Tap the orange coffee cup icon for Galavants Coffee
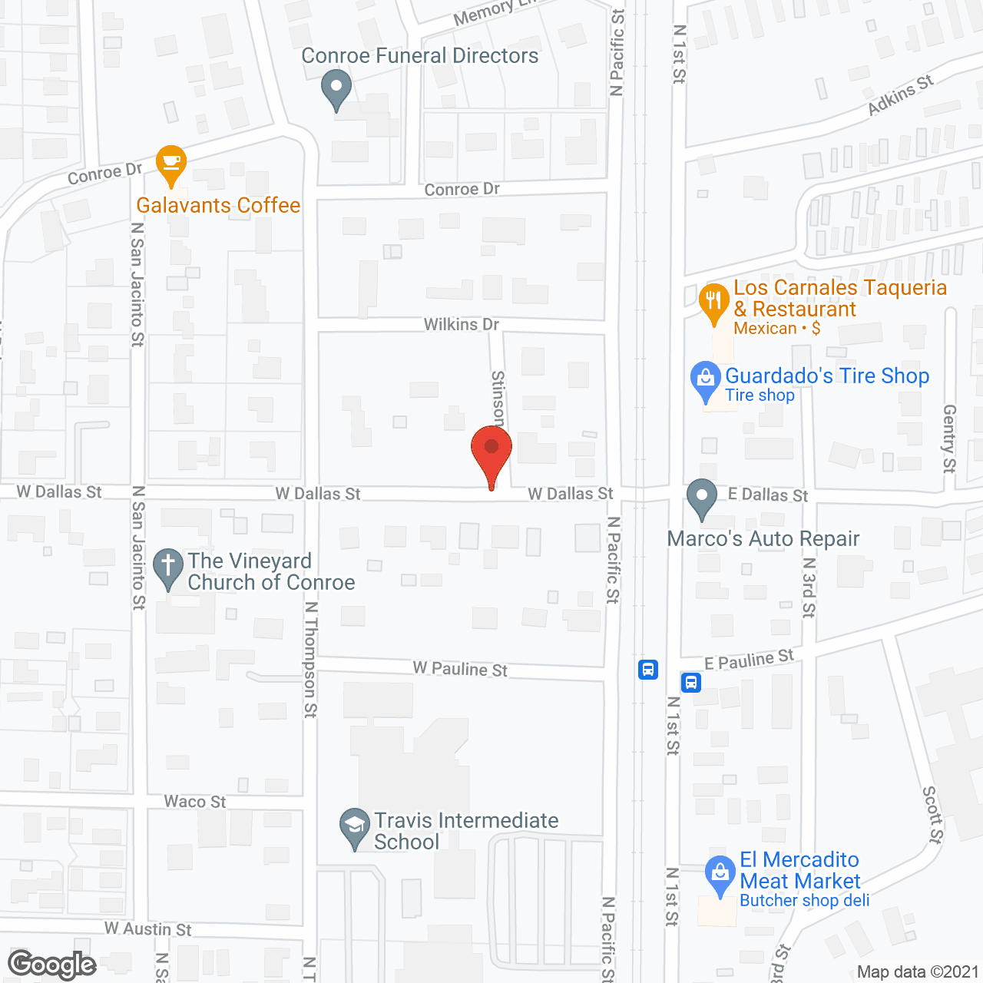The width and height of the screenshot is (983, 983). click(x=170, y=164)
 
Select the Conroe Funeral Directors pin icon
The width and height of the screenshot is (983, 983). click(x=336, y=88)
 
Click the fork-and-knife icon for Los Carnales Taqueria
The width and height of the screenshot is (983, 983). click(x=714, y=302)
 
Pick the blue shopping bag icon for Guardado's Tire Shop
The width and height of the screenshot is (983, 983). click(x=705, y=380)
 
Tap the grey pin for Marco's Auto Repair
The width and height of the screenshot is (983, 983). click(x=701, y=498)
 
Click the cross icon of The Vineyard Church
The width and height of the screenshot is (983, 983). click(x=168, y=568)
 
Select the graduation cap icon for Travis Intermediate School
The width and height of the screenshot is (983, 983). click(x=355, y=827)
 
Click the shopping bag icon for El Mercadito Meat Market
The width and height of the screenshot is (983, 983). click(x=720, y=874)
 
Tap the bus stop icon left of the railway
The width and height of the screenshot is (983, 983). click(x=648, y=669)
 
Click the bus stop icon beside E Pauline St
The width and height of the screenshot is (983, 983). click(x=691, y=681)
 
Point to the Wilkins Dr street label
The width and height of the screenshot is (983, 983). click(x=462, y=325)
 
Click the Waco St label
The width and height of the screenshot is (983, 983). click(x=195, y=802)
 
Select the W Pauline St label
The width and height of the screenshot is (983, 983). click(x=460, y=669)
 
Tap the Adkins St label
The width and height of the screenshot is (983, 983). click(x=900, y=95)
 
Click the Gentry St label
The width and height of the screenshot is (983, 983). click(x=949, y=439)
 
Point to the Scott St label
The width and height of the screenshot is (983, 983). click(x=932, y=814)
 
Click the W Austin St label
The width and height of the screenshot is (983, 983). click(x=148, y=929)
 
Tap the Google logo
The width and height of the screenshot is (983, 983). click(x=51, y=965)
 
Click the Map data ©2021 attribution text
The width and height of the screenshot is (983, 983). click(x=918, y=972)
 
